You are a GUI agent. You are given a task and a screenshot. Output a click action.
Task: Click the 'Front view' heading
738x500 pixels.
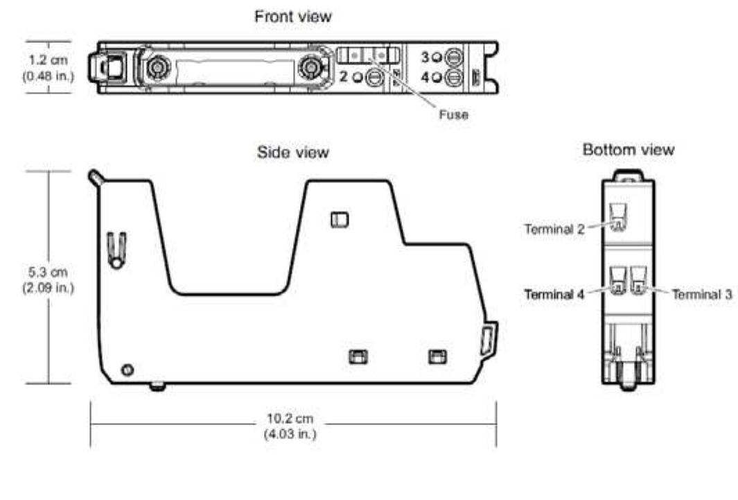(293, 17)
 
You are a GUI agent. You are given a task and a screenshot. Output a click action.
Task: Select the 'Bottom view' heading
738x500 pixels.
(628, 150)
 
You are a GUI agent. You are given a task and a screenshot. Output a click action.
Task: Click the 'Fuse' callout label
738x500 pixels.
(454, 114)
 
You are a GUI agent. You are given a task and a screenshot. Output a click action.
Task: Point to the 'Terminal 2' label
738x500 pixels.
(553, 230)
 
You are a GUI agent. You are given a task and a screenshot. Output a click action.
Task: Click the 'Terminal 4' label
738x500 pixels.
(553, 294)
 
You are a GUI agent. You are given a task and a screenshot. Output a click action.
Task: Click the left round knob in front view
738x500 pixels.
(155, 67)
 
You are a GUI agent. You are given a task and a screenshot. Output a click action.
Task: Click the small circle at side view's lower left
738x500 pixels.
(127, 369)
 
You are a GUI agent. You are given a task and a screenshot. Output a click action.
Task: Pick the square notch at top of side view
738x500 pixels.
(339, 219)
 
